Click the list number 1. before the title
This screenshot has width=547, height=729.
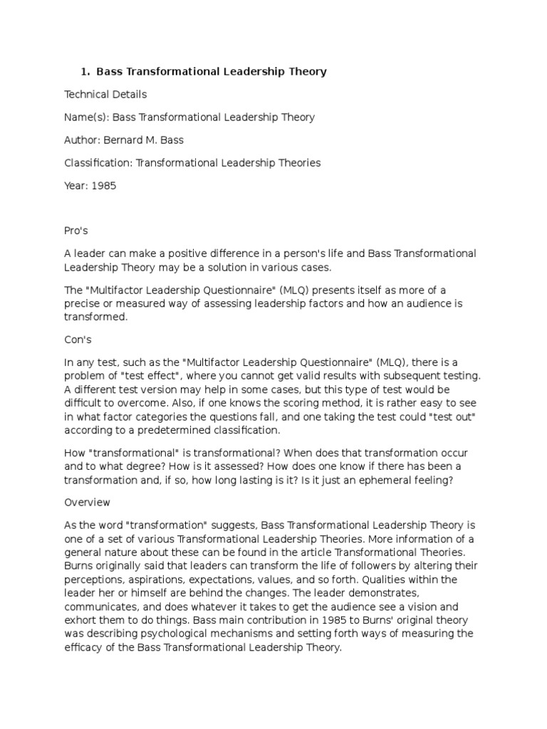point(85,72)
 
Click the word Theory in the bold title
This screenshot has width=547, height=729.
point(308,72)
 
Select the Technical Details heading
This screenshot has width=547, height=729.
point(105,95)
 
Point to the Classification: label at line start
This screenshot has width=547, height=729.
point(98,163)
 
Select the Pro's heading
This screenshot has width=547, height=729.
point(76,231)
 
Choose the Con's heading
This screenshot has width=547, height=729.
point(78,340)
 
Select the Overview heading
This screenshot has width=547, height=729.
point(87,502)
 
